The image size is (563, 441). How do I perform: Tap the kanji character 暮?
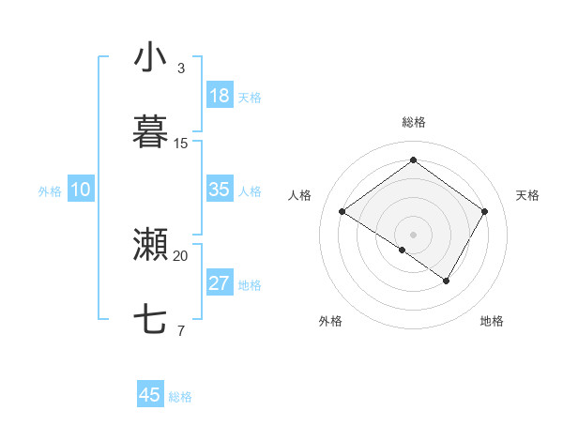pyautogui.click(x=150, y=132)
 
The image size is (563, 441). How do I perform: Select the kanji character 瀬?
pyautogui.click(x=150, y=245)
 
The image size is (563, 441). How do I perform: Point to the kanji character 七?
pyautogui.click(x=150, y=320)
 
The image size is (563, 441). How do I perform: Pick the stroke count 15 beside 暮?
pyautogui.click(x=181, y=143)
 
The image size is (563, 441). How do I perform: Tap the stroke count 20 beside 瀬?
pyautogui.click(x=181, y=255)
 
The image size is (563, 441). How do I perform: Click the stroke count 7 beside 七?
pyautogui.click(x=181, y=330)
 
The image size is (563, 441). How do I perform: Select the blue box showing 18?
pyautogui.click(x=220, y=96)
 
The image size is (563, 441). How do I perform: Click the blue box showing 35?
pyautogui.click(x=220, y=190)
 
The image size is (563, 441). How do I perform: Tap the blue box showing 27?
pyautogui.click(x=220, y=283)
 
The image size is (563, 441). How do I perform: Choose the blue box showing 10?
pyautogui.click(x=81, y=190)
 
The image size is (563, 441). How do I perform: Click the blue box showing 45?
pyautogui.click(x=150, y=395)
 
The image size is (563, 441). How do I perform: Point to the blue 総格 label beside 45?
pyautogui.click(x=180, y=397)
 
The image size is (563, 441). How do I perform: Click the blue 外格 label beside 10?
pyautogui.click(x=50, y=191)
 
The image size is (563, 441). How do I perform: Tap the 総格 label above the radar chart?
pyautogui.click(x=413, y=122)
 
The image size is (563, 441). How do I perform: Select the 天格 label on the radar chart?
pyautogui.click(x=527, y=195)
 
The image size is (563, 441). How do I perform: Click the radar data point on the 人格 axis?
pyautogui.click(x=342, y=212)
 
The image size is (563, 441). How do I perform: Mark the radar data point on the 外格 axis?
pyautogui.click(x=403, y=250)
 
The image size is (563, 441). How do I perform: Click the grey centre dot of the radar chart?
pyautogui.click(x=413, y=234)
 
